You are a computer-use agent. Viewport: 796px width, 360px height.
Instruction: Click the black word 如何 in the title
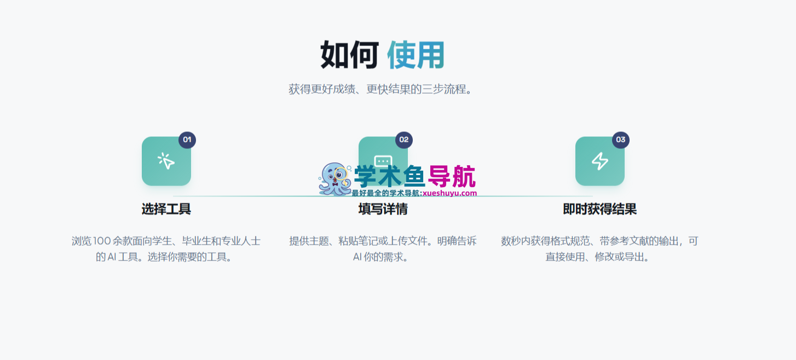tap(349, 55)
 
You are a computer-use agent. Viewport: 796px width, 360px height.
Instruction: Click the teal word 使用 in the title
tap(416, 55)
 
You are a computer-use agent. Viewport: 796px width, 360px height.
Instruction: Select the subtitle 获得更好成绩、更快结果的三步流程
tap(380, 89)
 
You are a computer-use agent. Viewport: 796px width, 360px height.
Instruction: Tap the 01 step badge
tap(187, 140)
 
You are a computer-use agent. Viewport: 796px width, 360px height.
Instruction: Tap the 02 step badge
tap(404, 140)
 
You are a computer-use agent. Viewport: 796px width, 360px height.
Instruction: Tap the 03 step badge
tap(621, 140)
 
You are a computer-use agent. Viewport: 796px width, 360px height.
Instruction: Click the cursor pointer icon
tap(166, 161)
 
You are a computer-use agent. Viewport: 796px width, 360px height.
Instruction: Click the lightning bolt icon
tap(600, 161)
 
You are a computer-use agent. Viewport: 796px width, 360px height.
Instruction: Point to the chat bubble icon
tap(383, 160)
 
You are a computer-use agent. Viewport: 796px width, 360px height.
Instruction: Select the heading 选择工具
tap(166, 209)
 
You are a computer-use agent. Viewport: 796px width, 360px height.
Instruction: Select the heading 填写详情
tap(383, 209)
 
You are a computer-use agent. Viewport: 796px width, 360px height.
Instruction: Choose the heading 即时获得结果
tap(600, 209)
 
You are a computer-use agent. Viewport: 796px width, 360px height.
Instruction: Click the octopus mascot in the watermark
tap(334, 179)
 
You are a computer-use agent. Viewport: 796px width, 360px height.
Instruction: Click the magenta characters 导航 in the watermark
tap(452, 177)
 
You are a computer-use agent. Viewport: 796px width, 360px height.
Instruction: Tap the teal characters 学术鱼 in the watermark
tap(390, 177)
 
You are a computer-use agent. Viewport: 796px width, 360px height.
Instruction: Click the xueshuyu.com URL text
tap(450, 193)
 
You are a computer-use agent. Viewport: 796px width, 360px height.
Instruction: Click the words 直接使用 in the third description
tap(565, 257)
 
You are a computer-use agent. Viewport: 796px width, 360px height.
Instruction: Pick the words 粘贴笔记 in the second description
tap(358, 241)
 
